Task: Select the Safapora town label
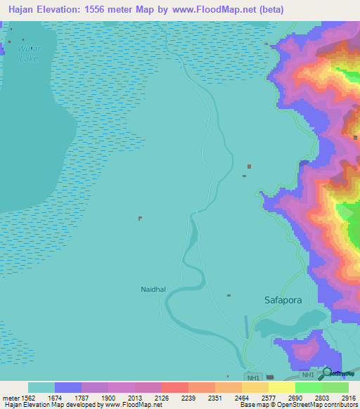pyautogui.click(x=283, y=300)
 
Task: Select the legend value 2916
pyautogui.click(x=345, y=397)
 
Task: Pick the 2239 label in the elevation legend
pyautogui.click(x=186, y=397)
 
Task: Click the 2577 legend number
pyautogui.click(x=266, y=397)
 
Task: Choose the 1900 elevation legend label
pyautogui.click(x=107, y=397)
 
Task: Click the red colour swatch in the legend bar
pyautogui.click(x=174, y=387)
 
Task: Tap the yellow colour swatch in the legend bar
pyautogui.click(x=281, y=387)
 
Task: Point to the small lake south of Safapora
pyautogui.click(x=285, y=326)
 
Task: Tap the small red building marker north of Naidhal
pyautogui.click(x=140, y=218)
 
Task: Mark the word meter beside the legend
pyautogui.click(x=10, y=397)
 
